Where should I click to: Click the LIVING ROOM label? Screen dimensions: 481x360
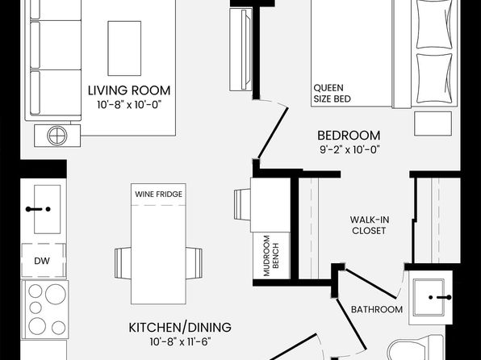pos(129,90)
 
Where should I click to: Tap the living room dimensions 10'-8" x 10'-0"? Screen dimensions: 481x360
pos(129,105)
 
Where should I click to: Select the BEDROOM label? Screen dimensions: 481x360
pos(349,136)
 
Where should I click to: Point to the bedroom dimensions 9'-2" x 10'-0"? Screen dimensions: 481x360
pos(349,150)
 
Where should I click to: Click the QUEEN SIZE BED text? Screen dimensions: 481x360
pos(332,94)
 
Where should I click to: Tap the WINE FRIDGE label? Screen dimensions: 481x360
pos(159,195)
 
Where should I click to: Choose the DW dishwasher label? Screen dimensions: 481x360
pos(42,261)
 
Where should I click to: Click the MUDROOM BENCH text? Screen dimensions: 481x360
pos(271,256)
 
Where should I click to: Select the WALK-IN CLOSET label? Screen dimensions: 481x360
pos(370,225)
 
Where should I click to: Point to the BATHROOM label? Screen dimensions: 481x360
pos(377,309)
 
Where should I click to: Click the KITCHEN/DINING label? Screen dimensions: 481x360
pos(180,328)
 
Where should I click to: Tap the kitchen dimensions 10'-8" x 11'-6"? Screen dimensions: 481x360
pos(180,341)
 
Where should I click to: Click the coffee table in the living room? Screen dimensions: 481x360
pos(124,48)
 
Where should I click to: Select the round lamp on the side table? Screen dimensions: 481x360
pos(57,136)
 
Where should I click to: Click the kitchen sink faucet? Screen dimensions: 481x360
pos(38,209)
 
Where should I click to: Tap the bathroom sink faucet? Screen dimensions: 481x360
pos(440,297)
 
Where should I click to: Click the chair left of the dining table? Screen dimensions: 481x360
pos(123,263)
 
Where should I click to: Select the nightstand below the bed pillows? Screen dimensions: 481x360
pos(433,123)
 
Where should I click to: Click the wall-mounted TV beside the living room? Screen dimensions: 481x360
pos(240,49)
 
